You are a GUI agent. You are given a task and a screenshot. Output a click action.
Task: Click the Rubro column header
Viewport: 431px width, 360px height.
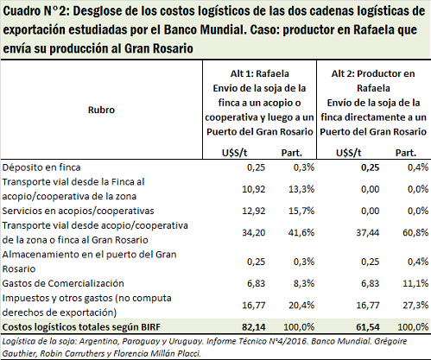click(101, 110)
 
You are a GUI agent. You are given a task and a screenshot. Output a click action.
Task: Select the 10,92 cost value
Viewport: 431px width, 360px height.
click(253, 189)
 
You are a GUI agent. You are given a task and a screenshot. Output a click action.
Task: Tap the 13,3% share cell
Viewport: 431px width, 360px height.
click(301, 189)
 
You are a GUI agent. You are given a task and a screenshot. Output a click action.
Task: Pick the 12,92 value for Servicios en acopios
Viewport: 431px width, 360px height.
click(253, 211)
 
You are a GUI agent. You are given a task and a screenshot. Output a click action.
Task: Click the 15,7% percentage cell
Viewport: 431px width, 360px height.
click(301, 211)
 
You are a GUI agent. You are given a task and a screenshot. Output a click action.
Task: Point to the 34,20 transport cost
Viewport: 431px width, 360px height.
click(253, 232)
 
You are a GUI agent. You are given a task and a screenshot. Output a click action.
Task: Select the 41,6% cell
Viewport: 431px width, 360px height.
click(301, 232)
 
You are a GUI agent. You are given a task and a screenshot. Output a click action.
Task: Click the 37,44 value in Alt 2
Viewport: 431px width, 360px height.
click(368, 232)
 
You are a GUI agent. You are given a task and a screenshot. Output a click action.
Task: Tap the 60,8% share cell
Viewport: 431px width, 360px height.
click(415, 232)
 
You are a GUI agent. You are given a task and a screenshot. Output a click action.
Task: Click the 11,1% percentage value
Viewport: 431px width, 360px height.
click(415, 283)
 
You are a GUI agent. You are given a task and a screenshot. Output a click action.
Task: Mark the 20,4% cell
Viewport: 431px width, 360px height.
click(301, 305)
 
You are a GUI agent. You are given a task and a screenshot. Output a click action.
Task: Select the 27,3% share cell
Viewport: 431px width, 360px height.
click(415, 305)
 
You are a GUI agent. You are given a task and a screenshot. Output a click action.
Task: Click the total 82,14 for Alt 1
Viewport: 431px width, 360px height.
click(253, 327)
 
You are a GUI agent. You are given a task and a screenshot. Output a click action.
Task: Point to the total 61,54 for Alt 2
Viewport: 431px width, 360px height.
click(368, 327)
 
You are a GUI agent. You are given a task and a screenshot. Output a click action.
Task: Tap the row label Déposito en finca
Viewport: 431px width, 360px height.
click(41, 167)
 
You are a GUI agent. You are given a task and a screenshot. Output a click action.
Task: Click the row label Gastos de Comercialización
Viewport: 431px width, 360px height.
click(63, 283)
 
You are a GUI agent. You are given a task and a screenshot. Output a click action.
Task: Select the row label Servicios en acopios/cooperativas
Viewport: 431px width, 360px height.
click(78, 211)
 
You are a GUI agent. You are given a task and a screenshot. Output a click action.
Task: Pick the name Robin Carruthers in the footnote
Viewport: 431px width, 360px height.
click(72, 353)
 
